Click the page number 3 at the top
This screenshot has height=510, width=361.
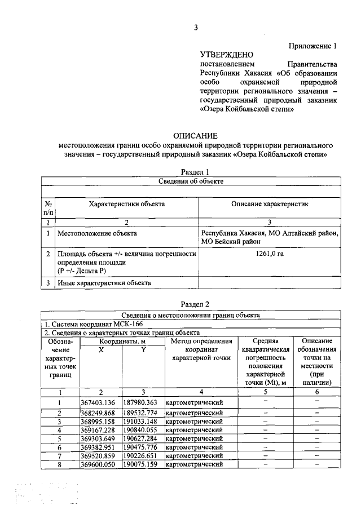click(195, 27)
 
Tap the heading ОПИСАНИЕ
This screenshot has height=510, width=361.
click(195, 136)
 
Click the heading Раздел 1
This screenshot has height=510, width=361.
click(195, 172)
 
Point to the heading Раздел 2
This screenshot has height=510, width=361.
click(195, 304)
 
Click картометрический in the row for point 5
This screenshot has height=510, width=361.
click(193, 438)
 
